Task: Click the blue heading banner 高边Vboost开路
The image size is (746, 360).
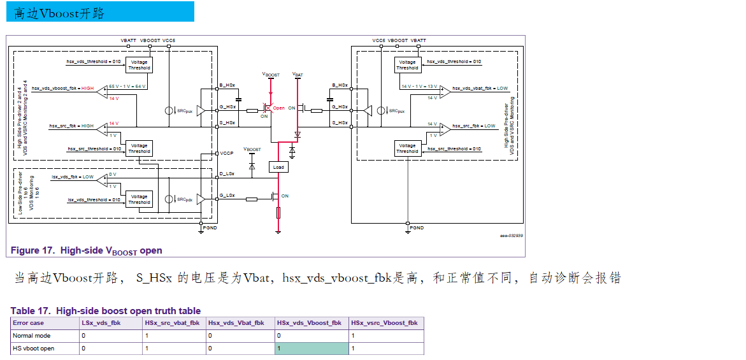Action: click(x=100, y=12)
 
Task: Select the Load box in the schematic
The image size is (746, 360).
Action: click(x=278, y=167)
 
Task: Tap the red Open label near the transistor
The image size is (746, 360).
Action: click(x=278, y=108)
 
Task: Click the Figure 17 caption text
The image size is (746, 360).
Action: click(x=87, y=250)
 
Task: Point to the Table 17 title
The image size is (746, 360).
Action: click(x=106, y=311)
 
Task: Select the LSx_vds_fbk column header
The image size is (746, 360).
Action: click(x=100, y=323)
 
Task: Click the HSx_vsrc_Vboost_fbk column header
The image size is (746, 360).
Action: click(x=385, y=323)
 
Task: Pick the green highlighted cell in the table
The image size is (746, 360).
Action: click(x=312, y=349)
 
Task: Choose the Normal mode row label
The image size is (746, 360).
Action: click(x=32, y=336)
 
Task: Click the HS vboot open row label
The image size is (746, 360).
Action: click(x=34, y=349)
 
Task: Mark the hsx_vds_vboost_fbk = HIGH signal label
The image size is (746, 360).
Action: click(x=62, y=88)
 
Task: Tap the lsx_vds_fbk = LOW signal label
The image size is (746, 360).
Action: click(x=73, y=176)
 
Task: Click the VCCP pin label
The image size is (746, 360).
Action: click(x=227, y=154)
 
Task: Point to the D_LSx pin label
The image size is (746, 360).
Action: click(x=227, y=173)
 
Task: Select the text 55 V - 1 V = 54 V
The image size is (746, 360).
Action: click(x=127, y=85)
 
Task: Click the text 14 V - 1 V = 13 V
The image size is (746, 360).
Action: click(x=419, y=85)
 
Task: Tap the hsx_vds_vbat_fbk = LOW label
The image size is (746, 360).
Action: click(x=480, y=89)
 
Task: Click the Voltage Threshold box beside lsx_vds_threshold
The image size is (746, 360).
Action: click(x=139, y=199)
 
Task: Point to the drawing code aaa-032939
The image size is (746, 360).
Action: click(x=511, y=235)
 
